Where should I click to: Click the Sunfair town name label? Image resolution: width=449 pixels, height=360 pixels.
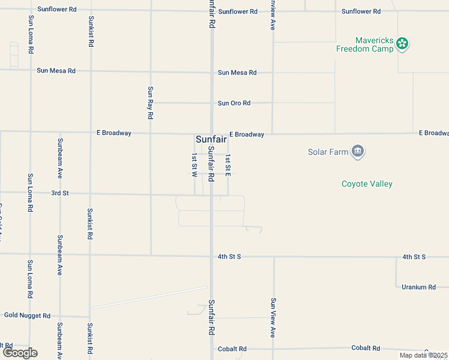coord(211,139)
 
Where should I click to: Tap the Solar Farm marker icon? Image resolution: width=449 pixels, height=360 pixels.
coord(358,151)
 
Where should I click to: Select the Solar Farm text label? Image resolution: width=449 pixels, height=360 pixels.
coord(328,152)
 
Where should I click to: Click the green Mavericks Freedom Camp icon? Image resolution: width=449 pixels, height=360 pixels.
coord(402,43)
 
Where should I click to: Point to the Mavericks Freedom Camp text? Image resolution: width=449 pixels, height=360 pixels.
coord(365,44)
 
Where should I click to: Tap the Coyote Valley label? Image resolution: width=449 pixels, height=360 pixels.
coord(367,184)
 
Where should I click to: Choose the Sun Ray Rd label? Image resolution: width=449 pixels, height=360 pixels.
coord(151,101)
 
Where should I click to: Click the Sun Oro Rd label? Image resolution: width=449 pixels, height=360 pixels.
coord(234,103)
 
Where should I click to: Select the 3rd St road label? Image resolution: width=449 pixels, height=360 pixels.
coord(60,193)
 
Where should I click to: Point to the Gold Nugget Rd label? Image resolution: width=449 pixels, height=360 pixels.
coord(28,315)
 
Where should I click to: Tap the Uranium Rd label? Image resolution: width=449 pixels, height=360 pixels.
coord(418,287)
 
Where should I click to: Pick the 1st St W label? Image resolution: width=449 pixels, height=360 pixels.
coord(194,165)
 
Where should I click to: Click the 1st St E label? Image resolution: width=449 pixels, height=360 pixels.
coord(228,165)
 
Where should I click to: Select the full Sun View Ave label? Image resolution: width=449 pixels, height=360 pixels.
coord(273,317)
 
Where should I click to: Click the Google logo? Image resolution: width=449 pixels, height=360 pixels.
coord(20,353)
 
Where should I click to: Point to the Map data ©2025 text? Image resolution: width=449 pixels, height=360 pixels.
coord(423,355)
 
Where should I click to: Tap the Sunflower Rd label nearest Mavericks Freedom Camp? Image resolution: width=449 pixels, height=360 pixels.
coord(361,11)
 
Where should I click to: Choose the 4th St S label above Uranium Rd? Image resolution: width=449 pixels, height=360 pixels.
coord(414,257)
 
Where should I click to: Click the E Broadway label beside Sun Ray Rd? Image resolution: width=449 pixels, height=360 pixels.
coord(114,133)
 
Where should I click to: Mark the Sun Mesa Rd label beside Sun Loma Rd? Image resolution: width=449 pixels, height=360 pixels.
coord(56,70)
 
